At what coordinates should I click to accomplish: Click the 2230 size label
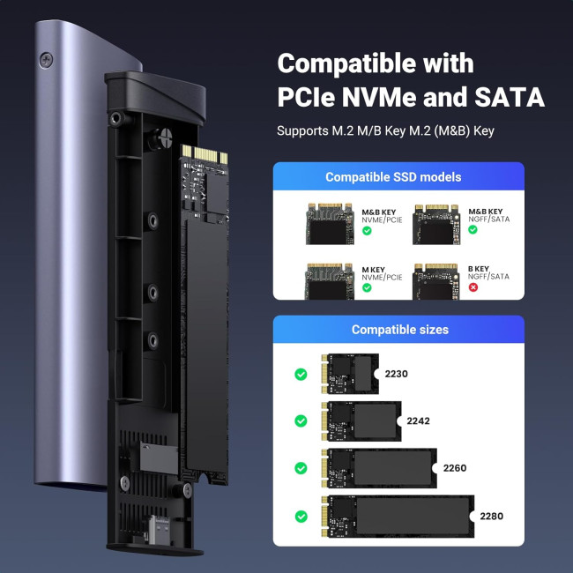point(397,374)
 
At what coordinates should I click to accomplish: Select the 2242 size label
point(420,421)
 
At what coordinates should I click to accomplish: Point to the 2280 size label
point(491,516)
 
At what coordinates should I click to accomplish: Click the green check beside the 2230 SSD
point(301,375)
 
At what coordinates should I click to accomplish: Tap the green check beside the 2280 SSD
point(301,516)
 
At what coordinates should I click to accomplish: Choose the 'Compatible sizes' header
point(399,330)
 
